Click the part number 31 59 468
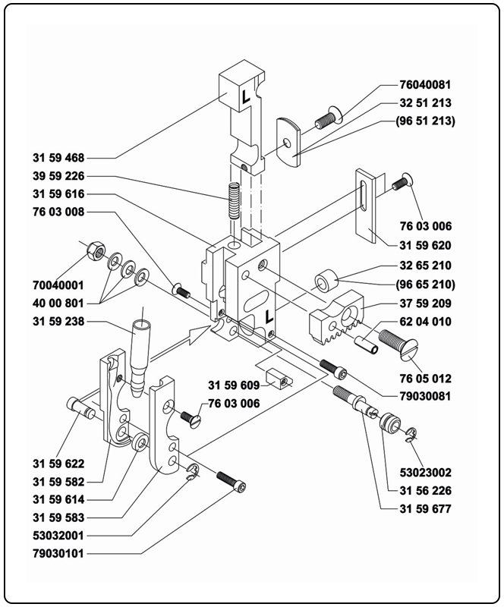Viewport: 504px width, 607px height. (58, 159)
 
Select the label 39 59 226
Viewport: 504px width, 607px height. (58, 177)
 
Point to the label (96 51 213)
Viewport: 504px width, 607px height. (427, 121)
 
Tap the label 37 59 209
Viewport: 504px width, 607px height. (427, 303)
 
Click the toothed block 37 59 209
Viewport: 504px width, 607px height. (338, 314)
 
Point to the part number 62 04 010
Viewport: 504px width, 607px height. (427, 321)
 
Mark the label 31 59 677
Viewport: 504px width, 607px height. (425, 508)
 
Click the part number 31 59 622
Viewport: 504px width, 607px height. (58, 464)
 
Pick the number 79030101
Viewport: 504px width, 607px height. (58, 554)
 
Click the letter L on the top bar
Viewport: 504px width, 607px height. (245, 97)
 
